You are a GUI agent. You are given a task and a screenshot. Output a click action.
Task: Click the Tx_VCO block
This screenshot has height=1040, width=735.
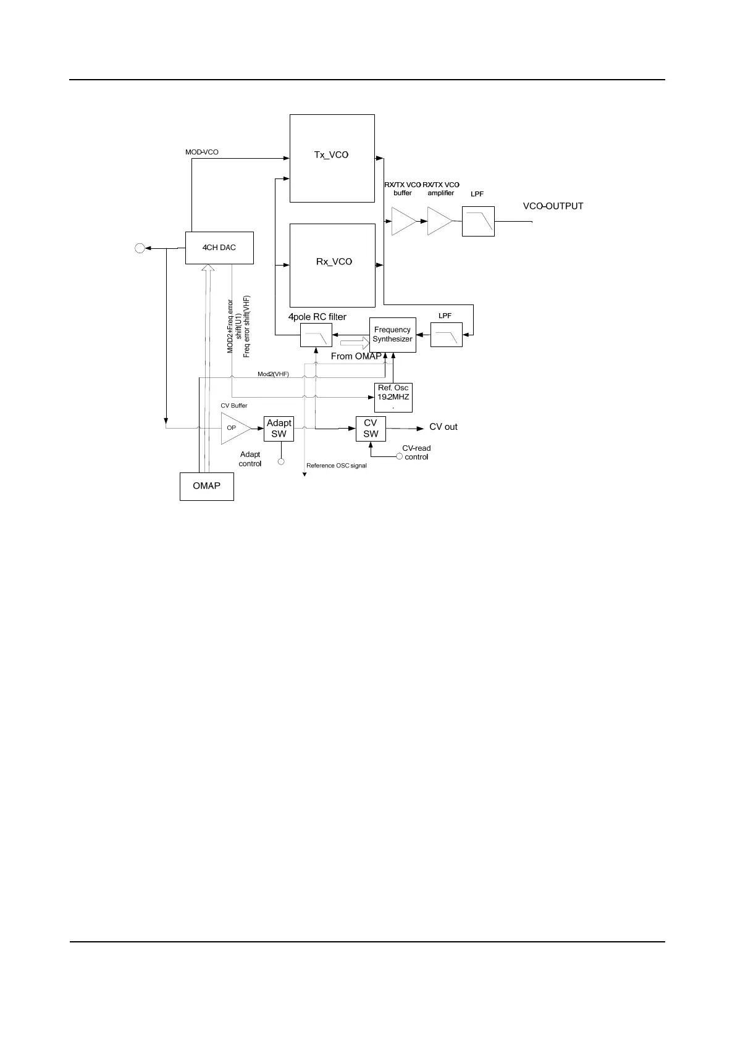(x=332, y=158)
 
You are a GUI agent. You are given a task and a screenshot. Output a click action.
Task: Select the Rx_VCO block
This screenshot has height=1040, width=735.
(x=332, y=265)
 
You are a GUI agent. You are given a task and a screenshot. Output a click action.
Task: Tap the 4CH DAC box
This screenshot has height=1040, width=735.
(x=219, y=248)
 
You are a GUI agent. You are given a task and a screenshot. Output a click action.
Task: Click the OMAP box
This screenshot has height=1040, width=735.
(x=207, y=486)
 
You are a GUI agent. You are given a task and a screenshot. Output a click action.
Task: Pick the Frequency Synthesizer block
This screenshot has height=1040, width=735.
(x=392, y=335)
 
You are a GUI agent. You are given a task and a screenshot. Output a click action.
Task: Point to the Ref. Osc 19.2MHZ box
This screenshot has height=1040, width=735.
(x=393, y=397)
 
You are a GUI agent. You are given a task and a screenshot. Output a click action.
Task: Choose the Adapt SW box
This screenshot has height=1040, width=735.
(x=279, y=429)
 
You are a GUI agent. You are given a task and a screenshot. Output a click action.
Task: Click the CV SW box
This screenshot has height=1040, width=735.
(x=371, y=429)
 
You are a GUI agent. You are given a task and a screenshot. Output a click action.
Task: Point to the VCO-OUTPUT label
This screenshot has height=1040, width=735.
(x=553, y=206)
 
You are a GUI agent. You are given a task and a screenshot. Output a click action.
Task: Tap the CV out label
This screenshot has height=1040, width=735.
(x=443, y=427)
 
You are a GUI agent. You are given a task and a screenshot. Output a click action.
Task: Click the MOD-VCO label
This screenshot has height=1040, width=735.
(x=202, y=152)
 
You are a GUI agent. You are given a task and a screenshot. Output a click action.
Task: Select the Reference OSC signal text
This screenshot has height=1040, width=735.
(x=337, y=466)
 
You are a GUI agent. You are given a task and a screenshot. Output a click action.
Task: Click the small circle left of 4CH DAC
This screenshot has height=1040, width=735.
(x=140, y=248)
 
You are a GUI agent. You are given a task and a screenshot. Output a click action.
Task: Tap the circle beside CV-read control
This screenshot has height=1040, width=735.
(x=399, y=456)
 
